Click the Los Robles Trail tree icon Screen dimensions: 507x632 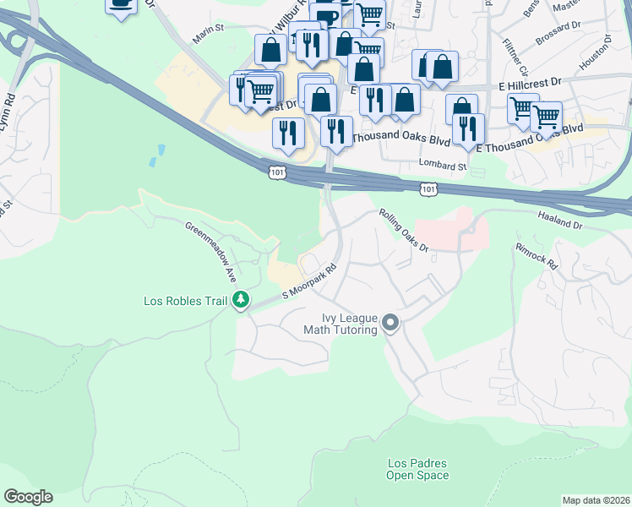click(242, 300)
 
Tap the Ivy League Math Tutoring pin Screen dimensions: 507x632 click(390, 323)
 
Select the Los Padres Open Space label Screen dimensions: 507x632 click(417, 469)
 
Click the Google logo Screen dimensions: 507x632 click(28, 497)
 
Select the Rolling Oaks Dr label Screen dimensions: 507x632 click(404, 231)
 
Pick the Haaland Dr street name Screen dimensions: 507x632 click(560, 216)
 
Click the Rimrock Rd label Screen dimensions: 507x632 click(537, 257)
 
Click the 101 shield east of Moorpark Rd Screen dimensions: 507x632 click(428, 190)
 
